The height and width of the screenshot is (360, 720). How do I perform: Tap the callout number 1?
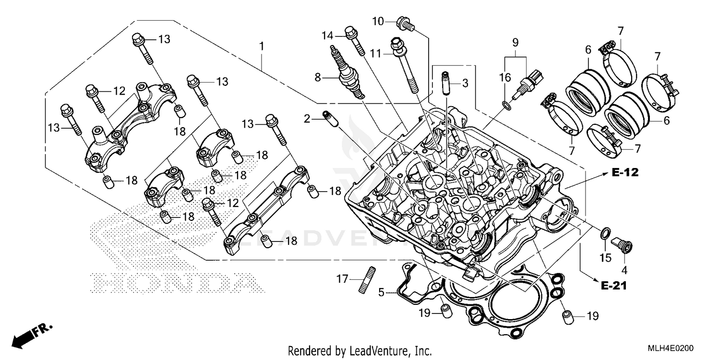pos(262,47)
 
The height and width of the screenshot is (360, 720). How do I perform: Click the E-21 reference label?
pos(613,286)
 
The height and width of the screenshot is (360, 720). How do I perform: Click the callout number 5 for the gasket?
pos(381,291)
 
